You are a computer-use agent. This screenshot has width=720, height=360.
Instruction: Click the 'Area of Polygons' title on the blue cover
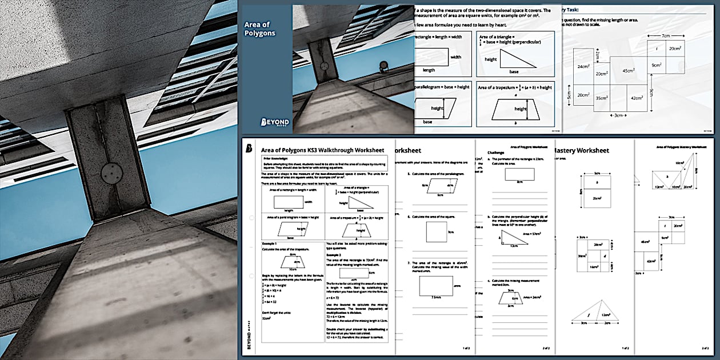point(259,29)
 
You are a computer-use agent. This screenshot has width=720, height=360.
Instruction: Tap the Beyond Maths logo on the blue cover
point(275,122)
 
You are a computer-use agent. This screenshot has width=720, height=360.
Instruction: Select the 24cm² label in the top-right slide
point(583,66)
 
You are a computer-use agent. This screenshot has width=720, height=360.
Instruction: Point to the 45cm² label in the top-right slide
point(629,71)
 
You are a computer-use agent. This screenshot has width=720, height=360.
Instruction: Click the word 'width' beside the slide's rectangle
point(456,57)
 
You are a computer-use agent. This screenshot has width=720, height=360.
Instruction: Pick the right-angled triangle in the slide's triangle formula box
point(513,59)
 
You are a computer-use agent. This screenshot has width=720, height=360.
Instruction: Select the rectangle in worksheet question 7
point(436,285)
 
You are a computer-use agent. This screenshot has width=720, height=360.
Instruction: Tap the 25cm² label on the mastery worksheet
point(596,198)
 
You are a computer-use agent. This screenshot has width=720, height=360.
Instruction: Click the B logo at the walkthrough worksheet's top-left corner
point(249,149)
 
